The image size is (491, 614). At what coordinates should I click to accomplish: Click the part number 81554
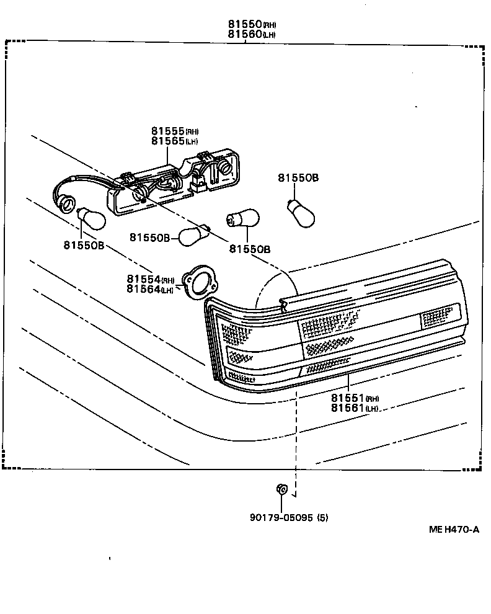[x=144, y=280]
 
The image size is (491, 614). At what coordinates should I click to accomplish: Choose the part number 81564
[x=143, y=289]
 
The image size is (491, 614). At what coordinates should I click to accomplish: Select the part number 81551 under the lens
[x=347, y=398]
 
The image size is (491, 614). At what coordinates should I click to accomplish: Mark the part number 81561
[x=347, y=407]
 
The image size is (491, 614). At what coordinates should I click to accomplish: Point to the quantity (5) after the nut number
[x=322, y=517]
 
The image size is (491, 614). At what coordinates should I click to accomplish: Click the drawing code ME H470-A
[x=454, y=529]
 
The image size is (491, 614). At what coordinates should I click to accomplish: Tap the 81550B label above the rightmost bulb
[x=298, y=178]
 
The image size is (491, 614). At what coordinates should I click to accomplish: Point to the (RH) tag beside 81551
[x=373, y=399]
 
